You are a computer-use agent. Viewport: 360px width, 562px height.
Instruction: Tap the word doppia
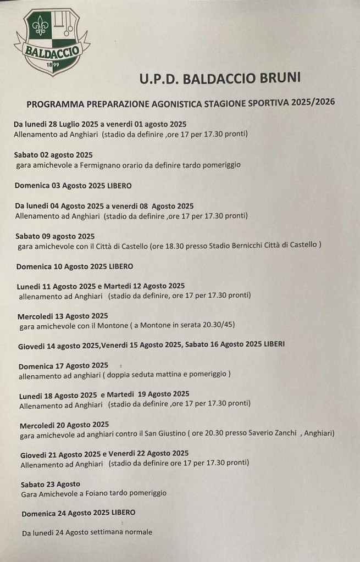point(98,375)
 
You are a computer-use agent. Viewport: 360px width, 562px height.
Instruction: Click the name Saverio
point(261,433)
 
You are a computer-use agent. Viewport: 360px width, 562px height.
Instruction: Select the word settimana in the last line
point(101,532)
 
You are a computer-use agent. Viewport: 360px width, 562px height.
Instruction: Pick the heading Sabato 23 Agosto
point(50,484)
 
